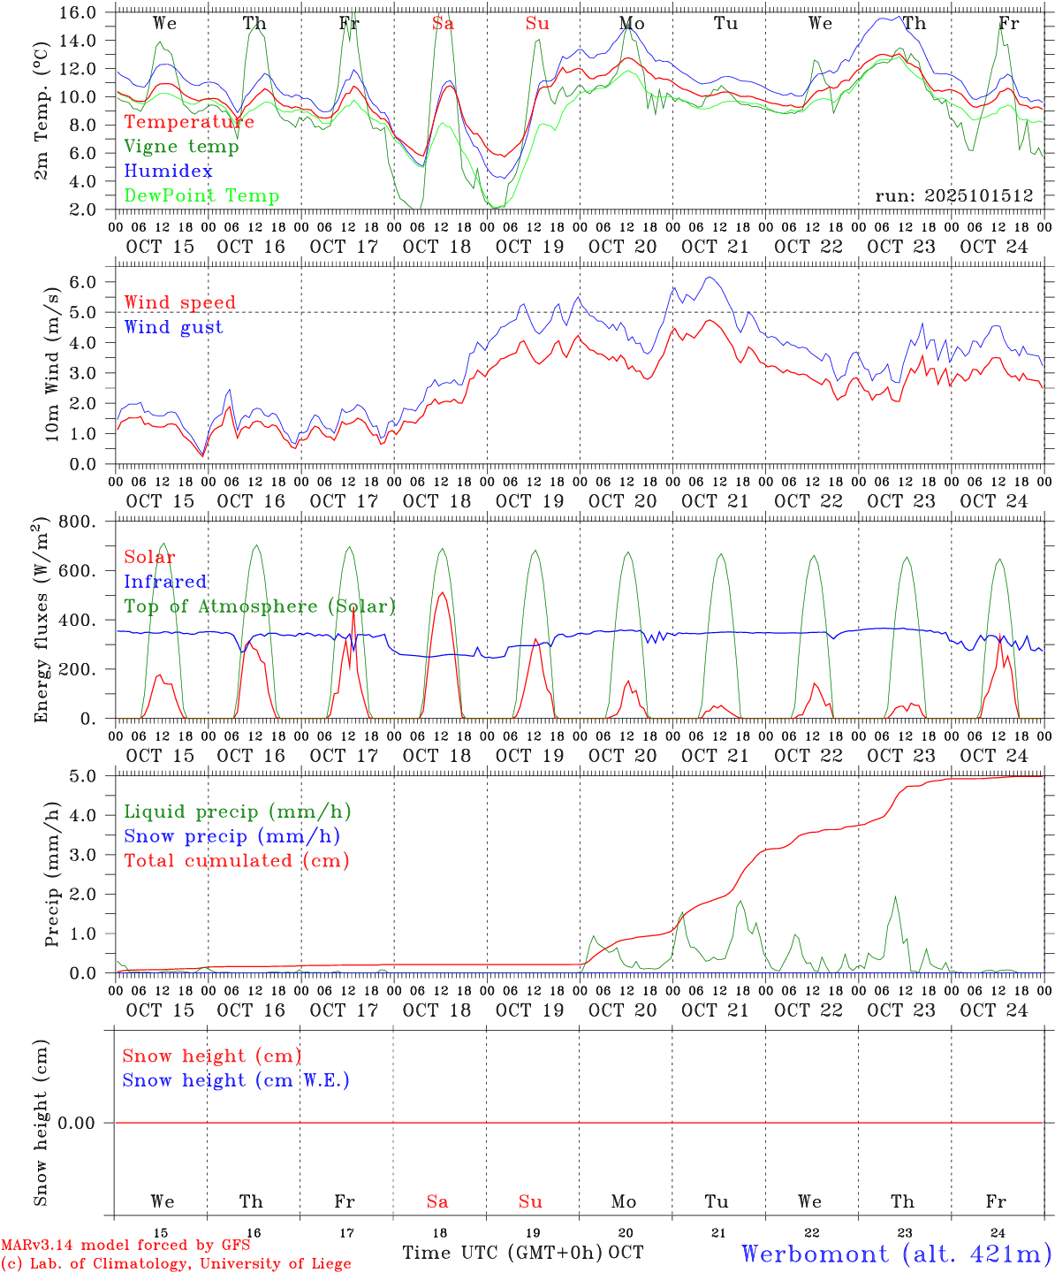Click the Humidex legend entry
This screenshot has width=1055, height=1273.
click(168, 172)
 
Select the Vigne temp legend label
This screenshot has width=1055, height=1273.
click(181, 147)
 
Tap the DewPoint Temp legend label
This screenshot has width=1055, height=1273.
click(201, 196)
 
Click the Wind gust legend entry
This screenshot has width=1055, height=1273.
click(173, 327)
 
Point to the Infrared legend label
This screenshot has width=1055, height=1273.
click(165, 582)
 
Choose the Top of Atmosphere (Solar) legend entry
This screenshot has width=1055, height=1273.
click(259, 606)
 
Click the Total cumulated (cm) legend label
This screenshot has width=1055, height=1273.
click(236, 860)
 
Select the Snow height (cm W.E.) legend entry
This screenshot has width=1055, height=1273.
click(235, 1080)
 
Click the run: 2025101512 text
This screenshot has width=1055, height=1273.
click(953, 196)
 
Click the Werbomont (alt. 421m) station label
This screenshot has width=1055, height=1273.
click(895, 1254)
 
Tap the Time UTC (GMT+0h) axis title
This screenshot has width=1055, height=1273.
click(503, 1253)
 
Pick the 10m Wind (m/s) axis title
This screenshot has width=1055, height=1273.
click(53, 363)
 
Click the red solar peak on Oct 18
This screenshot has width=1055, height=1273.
click(441, 593)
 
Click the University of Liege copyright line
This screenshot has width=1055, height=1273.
click(176, 1264)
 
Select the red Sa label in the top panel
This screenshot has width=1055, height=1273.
click(443, 24)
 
